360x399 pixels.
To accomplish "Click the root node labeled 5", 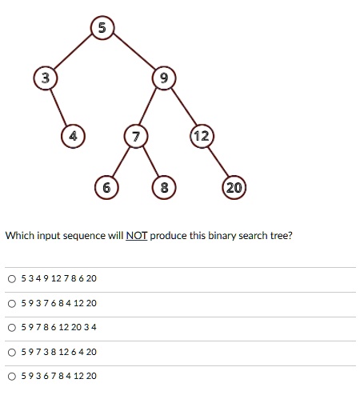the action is [102, 28].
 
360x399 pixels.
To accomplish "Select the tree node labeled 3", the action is [46, 78].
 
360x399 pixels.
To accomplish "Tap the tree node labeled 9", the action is [164, 78].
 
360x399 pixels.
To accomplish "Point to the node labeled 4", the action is [73, 136].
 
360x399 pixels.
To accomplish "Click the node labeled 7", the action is [136, 136].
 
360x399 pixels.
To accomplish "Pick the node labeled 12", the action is [202, 136].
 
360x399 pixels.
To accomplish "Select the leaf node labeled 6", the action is [106, 187].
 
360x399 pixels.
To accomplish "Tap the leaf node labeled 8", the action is [164, 187].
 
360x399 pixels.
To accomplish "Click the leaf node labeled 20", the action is [234, 187].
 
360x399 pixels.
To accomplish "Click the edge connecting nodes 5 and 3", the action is [74, 52].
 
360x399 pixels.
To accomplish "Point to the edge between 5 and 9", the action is [134, 51].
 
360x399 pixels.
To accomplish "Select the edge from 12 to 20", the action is [218, 162].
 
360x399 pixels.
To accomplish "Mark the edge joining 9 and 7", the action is [149, 106].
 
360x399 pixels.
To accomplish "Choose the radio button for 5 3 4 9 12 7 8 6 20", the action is [12, 279].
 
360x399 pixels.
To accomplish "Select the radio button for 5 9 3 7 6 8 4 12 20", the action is [12, 304].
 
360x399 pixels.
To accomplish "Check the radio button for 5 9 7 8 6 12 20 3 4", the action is [12, 328].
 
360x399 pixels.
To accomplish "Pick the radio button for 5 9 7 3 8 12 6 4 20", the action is [12, 353].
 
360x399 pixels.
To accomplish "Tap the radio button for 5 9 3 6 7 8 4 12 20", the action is [12, 377].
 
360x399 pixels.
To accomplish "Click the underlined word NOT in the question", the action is [136, 236].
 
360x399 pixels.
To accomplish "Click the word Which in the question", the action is [20, 236].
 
